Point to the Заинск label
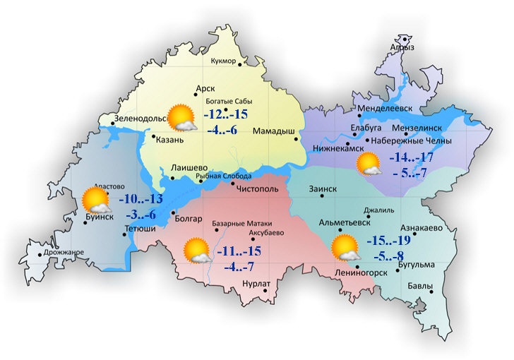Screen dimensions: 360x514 323,189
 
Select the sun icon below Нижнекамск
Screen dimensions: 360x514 369,165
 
